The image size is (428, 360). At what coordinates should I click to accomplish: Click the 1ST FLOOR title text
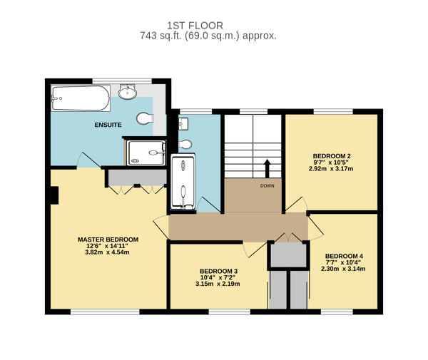pos(195,26)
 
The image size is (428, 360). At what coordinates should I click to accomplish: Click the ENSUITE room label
pos(108,125)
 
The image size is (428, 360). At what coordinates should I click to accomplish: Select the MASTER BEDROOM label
pos(108,240)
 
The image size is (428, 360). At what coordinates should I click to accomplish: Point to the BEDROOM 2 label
pos(332,156)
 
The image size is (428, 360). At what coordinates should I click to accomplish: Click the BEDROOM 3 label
pos(218,271)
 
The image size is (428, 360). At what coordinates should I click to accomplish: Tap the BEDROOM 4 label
pos(344,256)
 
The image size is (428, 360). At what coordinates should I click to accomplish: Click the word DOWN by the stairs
pos(267,186)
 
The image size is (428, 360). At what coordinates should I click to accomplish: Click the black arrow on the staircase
pos(267,168)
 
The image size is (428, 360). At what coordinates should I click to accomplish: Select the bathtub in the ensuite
pos(81,98)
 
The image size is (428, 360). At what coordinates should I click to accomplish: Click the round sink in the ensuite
pos(127,92)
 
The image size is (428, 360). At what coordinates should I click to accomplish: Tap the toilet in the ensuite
pos(145,118)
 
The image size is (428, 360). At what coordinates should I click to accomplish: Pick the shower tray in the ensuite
pos(146,153)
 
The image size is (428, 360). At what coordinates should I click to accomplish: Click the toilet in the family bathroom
pos(185,144)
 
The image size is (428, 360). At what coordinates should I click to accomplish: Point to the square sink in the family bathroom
pos(183,124)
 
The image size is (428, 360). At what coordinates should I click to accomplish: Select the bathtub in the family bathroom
pos(183,182)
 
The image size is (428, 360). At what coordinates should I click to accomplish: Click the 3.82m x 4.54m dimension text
pos(107,252)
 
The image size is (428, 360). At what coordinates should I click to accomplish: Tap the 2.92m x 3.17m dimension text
pos(331,168)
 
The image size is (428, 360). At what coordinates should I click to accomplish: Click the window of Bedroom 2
pos(333,111)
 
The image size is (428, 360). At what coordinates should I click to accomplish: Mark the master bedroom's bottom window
pos(105,312)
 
